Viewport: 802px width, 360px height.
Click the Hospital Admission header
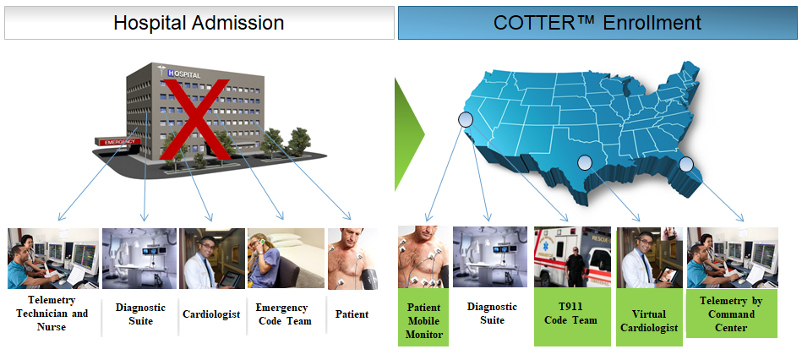pyautogui.click(x=199, y=23)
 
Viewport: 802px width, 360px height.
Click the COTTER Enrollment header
pyautogui.click(x=597, y=23)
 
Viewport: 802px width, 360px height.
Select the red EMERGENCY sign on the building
pyautogui.click(x=117, y=142)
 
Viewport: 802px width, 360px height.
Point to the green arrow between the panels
pyautogui.click(x=408, y=134)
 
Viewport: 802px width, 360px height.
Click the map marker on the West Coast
pyautogui.click(x=466, y=120)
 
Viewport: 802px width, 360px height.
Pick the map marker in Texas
pyautogui.click(x=585, y=163)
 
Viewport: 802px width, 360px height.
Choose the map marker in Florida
pyautogui.click(x=685, y=164)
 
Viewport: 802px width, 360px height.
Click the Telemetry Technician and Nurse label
pyautogui.click(x=52, y=313)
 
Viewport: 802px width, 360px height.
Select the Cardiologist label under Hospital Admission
pyautogui.click(x=211, y=314)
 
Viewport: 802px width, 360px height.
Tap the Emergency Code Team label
pyautogui.click(x=281, y=314)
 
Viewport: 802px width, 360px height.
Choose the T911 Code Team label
pyautogui.click(x=570, y=314)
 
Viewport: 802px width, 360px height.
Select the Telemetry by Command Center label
pyautogui.click(x=731, y=314)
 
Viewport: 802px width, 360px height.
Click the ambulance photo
pyautogui.click(x=572, y=257)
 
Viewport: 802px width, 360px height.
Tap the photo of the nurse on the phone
pyautogui.click(x=286, y=259)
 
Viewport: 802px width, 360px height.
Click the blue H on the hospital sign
pyautogui.click(x=171, y=74)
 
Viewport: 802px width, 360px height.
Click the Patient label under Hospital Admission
pyautogui.click(x=352, y=314)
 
